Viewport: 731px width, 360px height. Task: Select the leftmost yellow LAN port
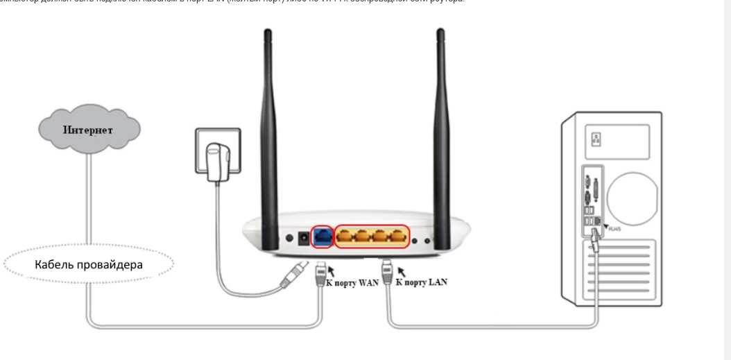[x=346, y=237]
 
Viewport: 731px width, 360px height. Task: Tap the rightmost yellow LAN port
[x=397, y=237]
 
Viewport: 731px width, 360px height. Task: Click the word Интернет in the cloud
[x=88, y=130]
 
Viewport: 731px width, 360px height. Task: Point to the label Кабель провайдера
[x=89, y=264]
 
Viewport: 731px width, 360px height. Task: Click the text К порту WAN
[x=352, y=283]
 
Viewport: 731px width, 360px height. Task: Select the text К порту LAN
[x=422, y=282]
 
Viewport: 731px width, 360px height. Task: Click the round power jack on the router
[x=303, y=239]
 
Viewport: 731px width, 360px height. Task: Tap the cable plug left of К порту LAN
[x=386, y=269]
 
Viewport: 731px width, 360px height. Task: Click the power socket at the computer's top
[x=596, y=139]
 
